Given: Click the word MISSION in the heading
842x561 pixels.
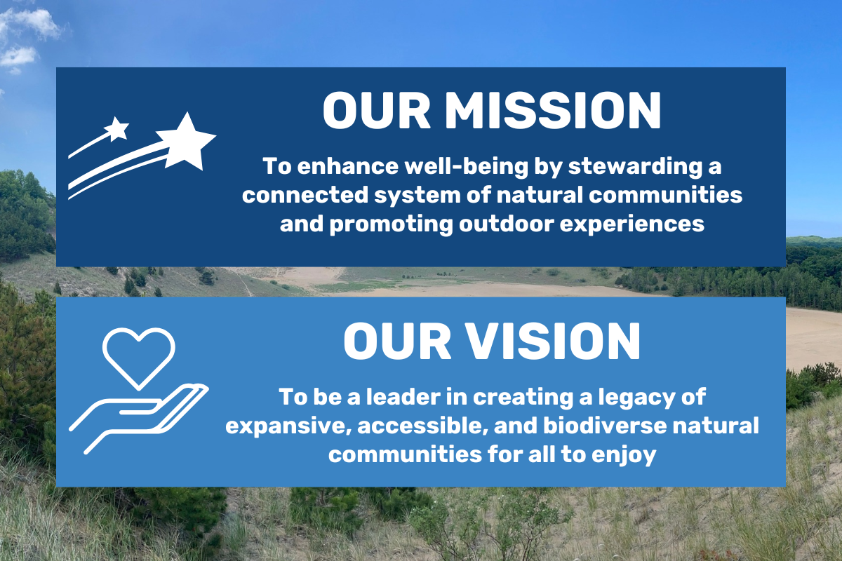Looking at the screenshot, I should pyautogui.click(x=553, y=110).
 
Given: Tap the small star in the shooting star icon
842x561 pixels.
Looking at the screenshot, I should pyautogui.click(x=116, y=128).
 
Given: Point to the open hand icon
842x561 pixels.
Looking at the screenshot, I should pyautogui.click(x=137, y=414).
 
